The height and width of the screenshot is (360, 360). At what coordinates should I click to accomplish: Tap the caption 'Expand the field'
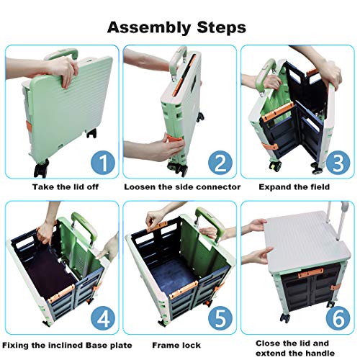pos(294,186)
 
